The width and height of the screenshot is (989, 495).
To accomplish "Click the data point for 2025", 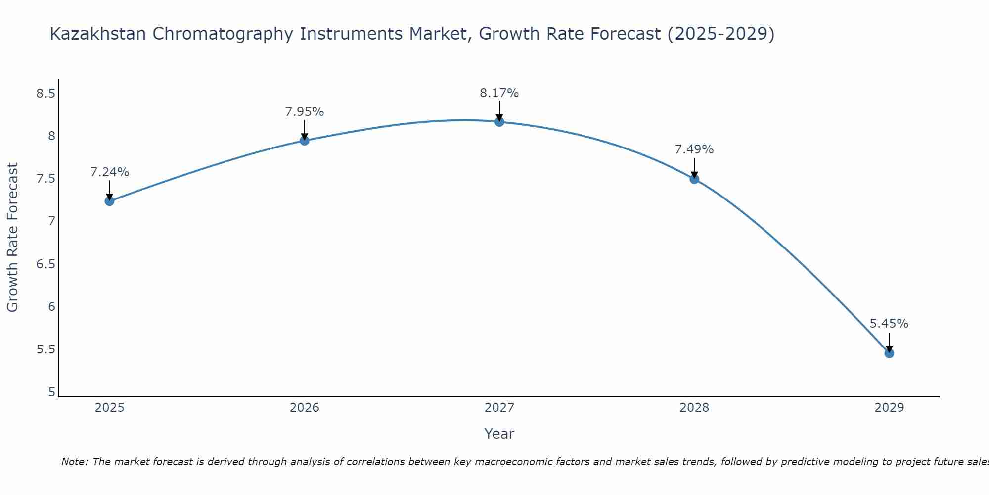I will coord(109,201).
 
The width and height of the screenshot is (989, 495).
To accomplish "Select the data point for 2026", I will coord(305,141).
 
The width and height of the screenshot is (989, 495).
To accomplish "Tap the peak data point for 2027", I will coord(499,122).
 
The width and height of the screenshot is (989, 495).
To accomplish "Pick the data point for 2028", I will coord(694,179).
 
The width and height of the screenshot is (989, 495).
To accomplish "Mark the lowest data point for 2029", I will coord(889,353).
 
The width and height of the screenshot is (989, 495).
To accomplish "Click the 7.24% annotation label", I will coord(109,172).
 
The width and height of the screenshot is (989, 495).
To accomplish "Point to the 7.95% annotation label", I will coord(305,112).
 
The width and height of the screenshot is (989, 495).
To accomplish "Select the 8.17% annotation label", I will coord(499,93).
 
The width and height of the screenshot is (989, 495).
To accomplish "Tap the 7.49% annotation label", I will coord(694,149).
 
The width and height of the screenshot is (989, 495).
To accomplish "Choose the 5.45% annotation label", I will coord(889,324).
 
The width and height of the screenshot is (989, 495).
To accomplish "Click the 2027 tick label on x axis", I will coord(499,408).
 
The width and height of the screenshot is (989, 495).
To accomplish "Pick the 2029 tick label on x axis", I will coord(889,408).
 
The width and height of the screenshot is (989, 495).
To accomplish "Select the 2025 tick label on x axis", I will coord(109,408).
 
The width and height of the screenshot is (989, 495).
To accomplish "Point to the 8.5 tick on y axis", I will coord(45,93).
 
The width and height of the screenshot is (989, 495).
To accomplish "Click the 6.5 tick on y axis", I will coord(45,264).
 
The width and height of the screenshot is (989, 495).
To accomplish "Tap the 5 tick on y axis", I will coord(51,392).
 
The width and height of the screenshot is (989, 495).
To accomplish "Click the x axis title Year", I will coord(499,434).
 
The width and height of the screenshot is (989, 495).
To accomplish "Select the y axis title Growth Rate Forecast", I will coord(12,238).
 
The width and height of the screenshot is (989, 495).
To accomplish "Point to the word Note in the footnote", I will coord(74,462).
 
